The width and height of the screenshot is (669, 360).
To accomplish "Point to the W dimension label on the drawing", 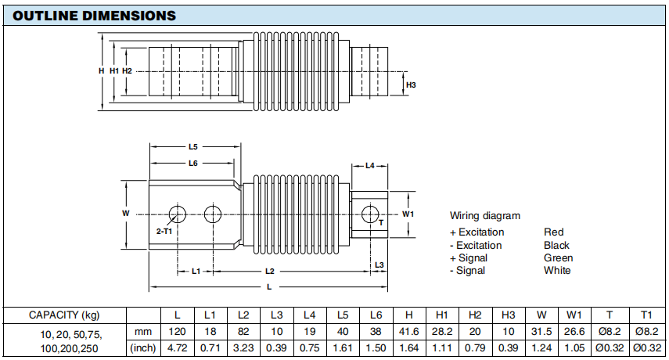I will pyautogui.click(x=125, y=213).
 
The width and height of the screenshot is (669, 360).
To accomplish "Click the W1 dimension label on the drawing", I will pyautogui.click(x=408, y=213).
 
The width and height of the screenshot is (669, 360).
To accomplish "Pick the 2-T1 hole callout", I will pyautogui.click(x=164, y=232).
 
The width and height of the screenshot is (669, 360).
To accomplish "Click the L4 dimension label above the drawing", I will pyautogui.click(x=370, y=165).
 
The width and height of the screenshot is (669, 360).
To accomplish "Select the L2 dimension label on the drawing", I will pyautogui.click(x=270, y=271).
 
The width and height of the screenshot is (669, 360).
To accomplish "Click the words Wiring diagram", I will pyautogui.click(x=485, y=215).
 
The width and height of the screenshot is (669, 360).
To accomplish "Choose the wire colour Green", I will pyautogui.click(x=558, y=257).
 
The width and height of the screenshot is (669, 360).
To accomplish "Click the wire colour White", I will pyautogui.click(x=557, y=270).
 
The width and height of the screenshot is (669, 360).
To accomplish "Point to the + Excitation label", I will pyautogui.click(x=477, y=232).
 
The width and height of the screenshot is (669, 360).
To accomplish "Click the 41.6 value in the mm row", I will pyautogui.click(x=408, y=332).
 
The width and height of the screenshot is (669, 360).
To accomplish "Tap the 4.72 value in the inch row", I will pyautogui.click(x=178, y=347).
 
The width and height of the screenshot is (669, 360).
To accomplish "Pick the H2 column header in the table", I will pyautogui.click(x=474, y=315).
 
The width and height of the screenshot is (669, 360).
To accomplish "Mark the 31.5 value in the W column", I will pyautogui.click(x=541, y=332).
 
